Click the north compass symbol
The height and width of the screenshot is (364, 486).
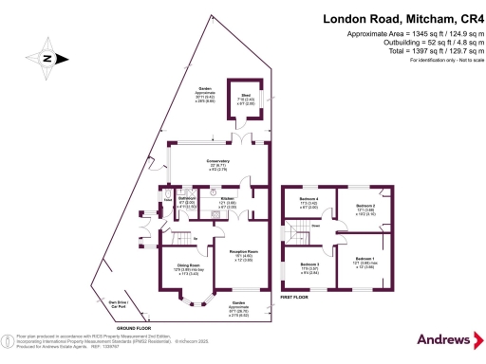44,58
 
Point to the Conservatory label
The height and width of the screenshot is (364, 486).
207,164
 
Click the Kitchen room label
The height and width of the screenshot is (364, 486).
228,201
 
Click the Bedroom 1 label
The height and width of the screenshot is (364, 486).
365,261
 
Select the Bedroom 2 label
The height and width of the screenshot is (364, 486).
365,208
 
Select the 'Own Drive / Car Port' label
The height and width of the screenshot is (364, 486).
120,304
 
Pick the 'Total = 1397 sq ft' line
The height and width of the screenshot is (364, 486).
423,53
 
